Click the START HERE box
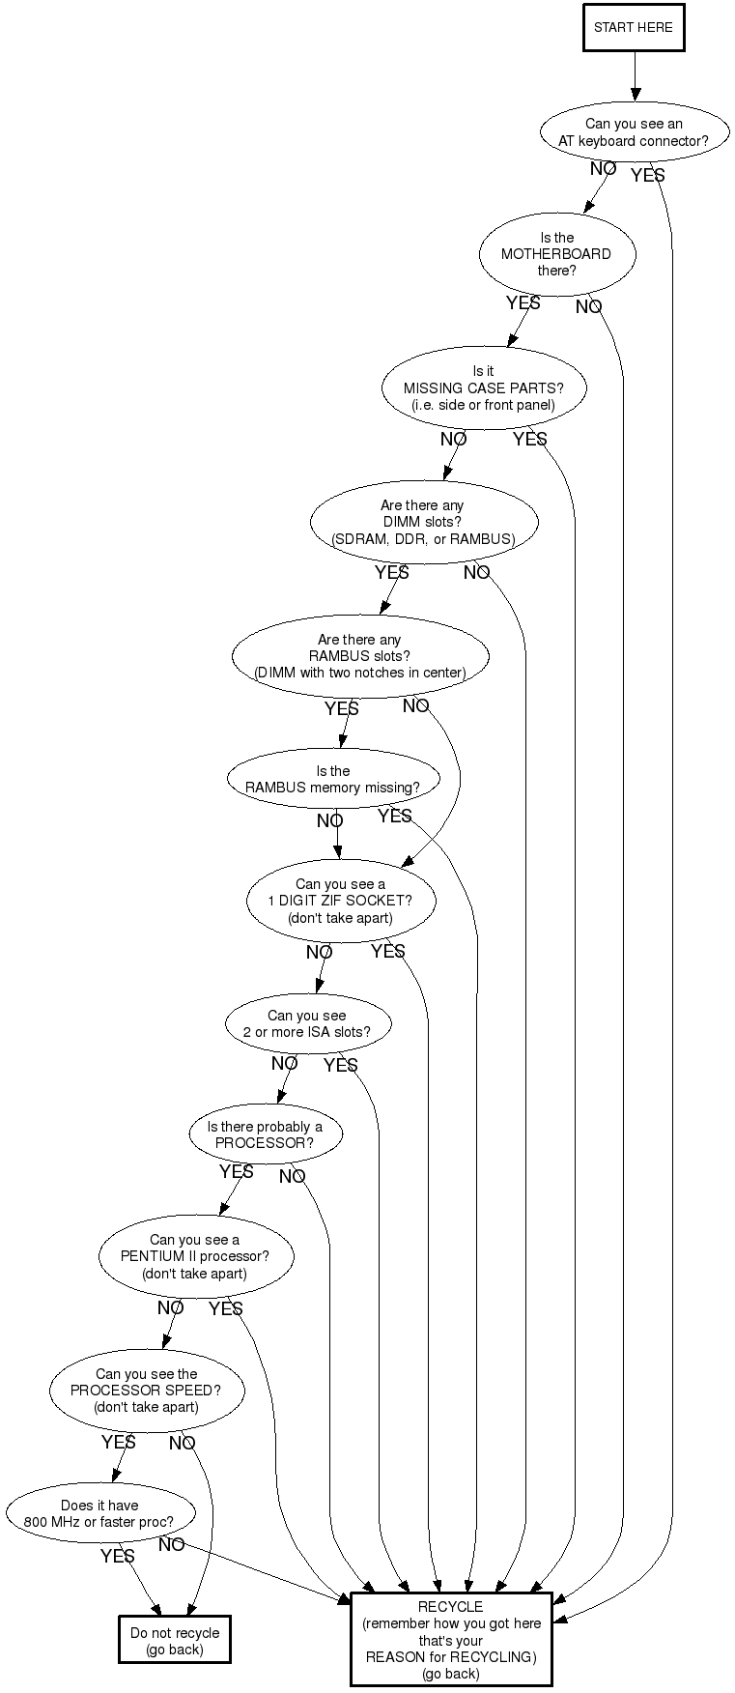634,27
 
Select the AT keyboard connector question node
634,132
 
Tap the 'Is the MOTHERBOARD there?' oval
556,253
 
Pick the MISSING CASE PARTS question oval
483,387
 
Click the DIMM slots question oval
423,522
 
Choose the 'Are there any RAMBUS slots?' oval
360,656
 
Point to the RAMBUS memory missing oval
333,779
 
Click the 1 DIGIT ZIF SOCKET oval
340,901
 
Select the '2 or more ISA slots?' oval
307,1023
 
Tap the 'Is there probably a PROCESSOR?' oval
265,1134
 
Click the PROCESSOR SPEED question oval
146,1391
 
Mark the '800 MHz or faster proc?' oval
99,1513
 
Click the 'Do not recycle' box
175,1641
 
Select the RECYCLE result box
451,1640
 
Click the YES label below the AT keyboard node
647,176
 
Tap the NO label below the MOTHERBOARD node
588,307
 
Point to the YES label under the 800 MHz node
118,1557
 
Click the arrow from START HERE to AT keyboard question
635,75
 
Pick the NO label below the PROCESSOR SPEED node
182,1444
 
